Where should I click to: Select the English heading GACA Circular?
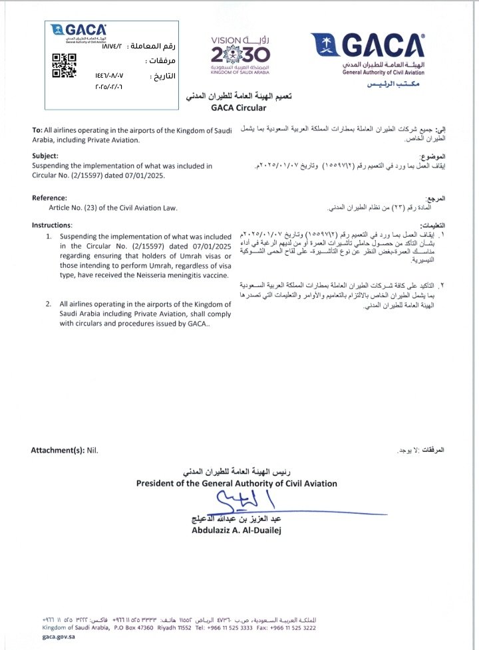point(238,108)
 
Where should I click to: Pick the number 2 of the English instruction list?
point(49,304)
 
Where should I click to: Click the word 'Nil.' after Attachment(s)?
point(92,450)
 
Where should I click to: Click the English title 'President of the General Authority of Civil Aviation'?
point(236,483)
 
